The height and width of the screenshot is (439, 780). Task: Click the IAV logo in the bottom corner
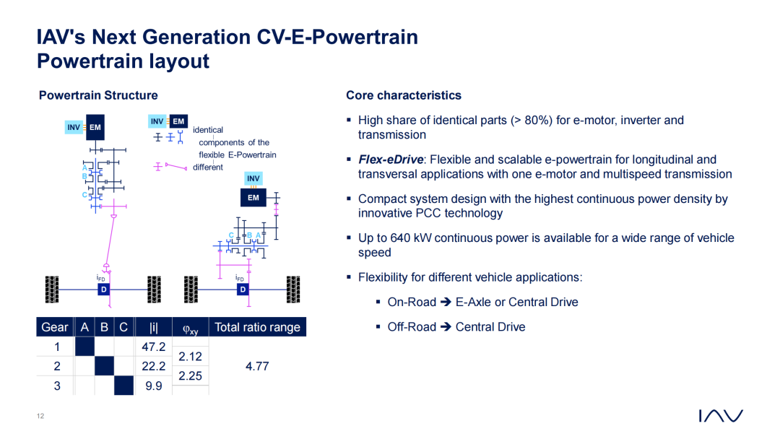tap(721, 416)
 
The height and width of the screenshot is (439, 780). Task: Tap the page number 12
tap(40, 416)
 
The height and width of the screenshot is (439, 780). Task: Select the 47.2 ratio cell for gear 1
tap(153, 347)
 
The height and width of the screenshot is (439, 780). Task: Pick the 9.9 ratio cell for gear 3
tap(153, 386)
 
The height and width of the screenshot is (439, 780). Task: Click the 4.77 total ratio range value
tap(257, 366)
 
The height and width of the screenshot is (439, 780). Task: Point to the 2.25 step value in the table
tap(190, 376)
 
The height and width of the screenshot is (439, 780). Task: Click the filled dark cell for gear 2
tap(104, 366)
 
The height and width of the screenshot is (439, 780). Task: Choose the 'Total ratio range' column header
tap(257, 327)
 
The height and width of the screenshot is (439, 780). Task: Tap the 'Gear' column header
tap(55, 327)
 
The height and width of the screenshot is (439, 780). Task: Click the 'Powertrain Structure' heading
tap(98, 95)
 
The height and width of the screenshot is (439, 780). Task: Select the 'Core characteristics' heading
tap(404, 95)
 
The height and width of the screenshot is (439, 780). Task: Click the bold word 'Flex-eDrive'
tap(391, 160)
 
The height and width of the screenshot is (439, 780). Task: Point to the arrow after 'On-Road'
tap(446, 302)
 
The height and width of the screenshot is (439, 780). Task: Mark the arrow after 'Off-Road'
tap(446, 326)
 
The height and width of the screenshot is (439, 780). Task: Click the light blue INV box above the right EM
tap(253, 178)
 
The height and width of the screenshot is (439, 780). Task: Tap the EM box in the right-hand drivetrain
tap(253, 197)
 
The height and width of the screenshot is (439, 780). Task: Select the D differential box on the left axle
tap(103, 290)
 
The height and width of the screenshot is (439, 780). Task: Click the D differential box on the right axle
tap(243, 290)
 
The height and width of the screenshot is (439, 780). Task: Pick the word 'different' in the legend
tap(208, 167)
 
